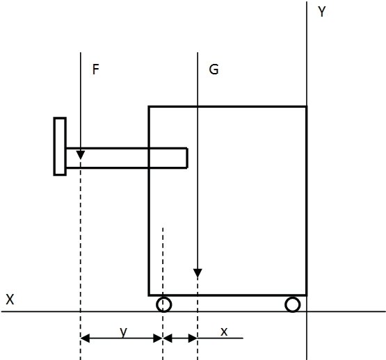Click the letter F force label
pos(95,69)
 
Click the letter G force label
pos(214,69)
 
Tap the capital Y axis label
pos(322,11)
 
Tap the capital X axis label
pos(10,300)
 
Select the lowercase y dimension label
pos(123,332)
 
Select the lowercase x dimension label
pos(224,332)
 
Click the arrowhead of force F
pos(81,155)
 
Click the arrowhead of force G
pos(198,273)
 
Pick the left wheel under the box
pos(163,304)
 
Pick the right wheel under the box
pos(292,304)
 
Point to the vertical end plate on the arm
pos(60,147)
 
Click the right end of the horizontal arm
pos(187,158)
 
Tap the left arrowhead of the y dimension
pos(85,338)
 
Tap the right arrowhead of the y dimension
pos(158,338)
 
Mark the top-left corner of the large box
pos(149,106)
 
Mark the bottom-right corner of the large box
pos(307,295)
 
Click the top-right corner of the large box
pos(307,106)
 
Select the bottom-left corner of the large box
pos(149,295)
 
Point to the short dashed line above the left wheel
pos(163,261)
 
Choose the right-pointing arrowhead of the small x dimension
pos(193,338)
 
